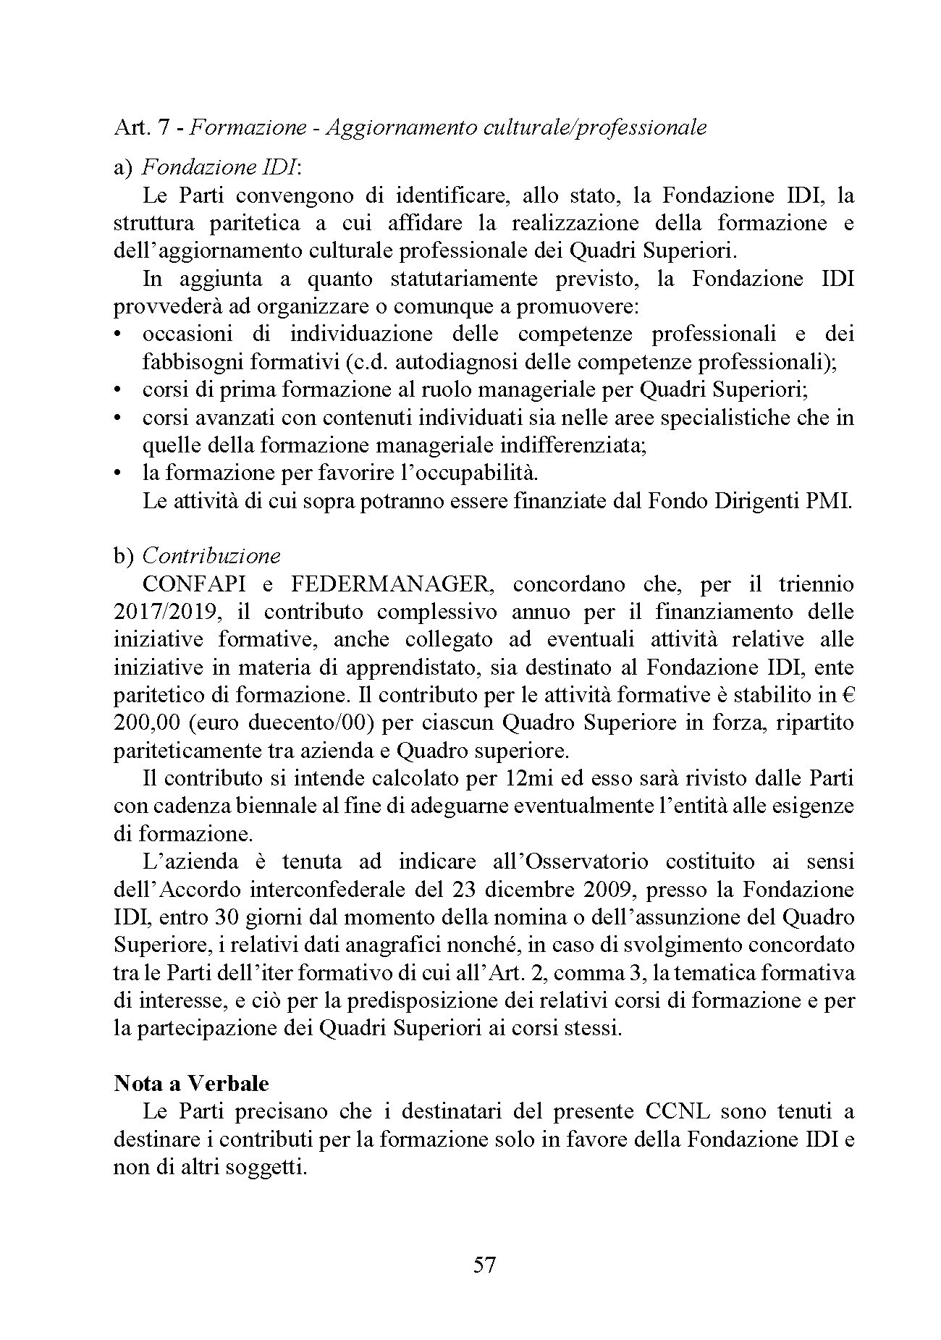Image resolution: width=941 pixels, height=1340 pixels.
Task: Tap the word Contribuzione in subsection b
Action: pyautogui.click(x=211, y=556)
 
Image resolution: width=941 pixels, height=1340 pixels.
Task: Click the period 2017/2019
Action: pyautogui.click(x=166, y=612)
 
